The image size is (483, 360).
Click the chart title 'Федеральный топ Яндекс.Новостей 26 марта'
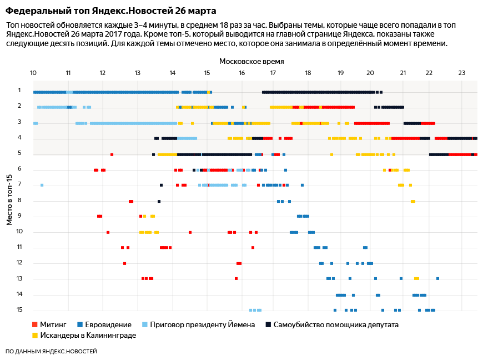click(111, 11)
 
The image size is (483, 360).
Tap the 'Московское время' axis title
click(251, 61)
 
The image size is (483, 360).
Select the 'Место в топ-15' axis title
click(9, 199)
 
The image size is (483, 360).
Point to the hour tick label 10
click(33, 73)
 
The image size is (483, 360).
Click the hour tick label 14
click(172, 73)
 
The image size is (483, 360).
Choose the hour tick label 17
click(273, 73)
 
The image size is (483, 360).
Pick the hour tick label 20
click(370, 73)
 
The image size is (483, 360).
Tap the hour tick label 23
click(462, 73)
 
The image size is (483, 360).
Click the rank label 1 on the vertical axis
click(19, 90)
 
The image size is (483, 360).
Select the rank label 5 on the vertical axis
click(19, 153)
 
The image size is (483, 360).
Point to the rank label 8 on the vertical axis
click(19, 200)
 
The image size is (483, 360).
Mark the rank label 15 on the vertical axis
click(19, 309)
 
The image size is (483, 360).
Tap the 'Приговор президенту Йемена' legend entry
click(198, 324)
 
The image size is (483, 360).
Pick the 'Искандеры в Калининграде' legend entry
click(87, 335)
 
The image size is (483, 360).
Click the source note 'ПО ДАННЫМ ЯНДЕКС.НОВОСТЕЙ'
click(51, 351)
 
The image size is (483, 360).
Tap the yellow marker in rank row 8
click(413, 201)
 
